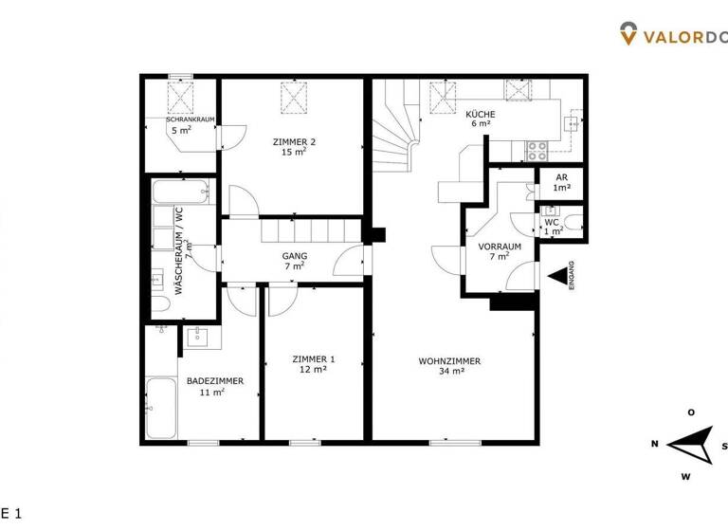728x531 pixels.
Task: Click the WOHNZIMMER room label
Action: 449,360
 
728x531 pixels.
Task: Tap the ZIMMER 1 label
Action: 313,358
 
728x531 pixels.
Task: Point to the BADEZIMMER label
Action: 214,380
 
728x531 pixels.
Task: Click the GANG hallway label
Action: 294,256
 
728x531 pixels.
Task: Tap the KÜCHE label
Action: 482,114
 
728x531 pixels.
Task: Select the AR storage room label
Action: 562,176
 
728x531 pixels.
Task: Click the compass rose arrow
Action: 690,443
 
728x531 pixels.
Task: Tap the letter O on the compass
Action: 692,412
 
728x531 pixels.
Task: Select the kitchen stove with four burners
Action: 537,149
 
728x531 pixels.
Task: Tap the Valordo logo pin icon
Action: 628,34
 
